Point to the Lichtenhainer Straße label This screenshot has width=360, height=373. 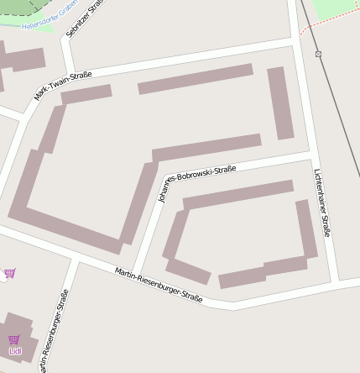pos(321,202)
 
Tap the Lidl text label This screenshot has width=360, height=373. pos(14,350)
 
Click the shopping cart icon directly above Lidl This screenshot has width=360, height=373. pos(13,339)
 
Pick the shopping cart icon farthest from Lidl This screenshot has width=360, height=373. pos(9,273)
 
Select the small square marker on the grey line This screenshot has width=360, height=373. pos(318,54)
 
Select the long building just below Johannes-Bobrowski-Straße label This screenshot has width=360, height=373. pos(238,194)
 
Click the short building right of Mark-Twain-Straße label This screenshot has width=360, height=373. pos(86,94)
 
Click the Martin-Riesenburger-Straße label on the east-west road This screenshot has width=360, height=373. pos(159,285)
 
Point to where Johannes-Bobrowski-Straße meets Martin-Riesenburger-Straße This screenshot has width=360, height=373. pos(137,268)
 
